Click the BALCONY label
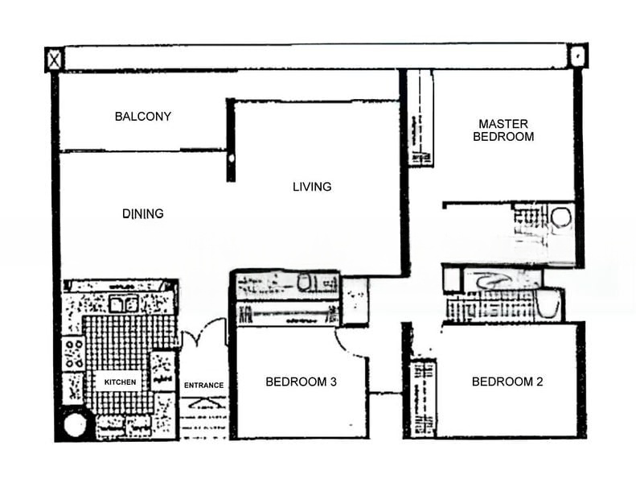[x=143, y=116]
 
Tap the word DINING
[x=143, y=213]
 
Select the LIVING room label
[x=312, y=187]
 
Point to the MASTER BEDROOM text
[x=503, y=130]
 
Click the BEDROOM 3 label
[x=301, y=382]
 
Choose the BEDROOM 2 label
[x=507, y=382]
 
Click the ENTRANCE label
[x=203, y=385]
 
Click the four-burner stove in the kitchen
[x=74, y=353]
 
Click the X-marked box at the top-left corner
[x=54, y=59]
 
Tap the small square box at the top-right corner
[x=578, y=56]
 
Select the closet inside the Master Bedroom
[x=420, y=118]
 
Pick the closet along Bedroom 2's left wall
[x=422, y=398]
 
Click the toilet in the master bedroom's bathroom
[x=561, y=217]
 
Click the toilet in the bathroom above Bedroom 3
[x=305, y=283]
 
